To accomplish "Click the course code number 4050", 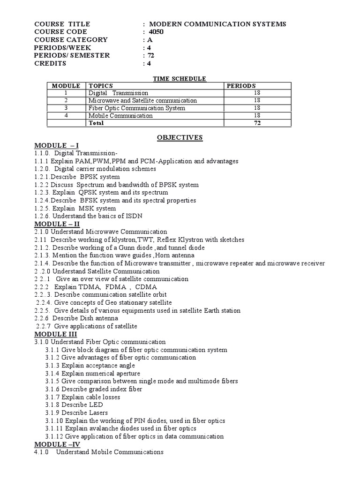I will (157, 32).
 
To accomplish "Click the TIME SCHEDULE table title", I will (180, 78).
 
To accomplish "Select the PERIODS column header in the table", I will (241, 86).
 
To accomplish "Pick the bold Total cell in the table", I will (96, 123).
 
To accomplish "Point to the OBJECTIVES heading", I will (180, 137).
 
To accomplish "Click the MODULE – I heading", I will (53, 146).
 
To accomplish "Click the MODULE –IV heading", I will (54, 444).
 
